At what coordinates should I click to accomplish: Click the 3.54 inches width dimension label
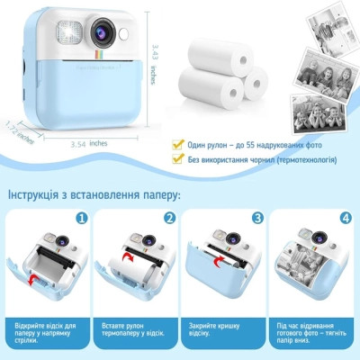(x=89, y=141)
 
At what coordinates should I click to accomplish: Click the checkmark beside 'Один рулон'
(x=181, y=144)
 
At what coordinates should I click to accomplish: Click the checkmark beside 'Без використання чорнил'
(x=181, y=160)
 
